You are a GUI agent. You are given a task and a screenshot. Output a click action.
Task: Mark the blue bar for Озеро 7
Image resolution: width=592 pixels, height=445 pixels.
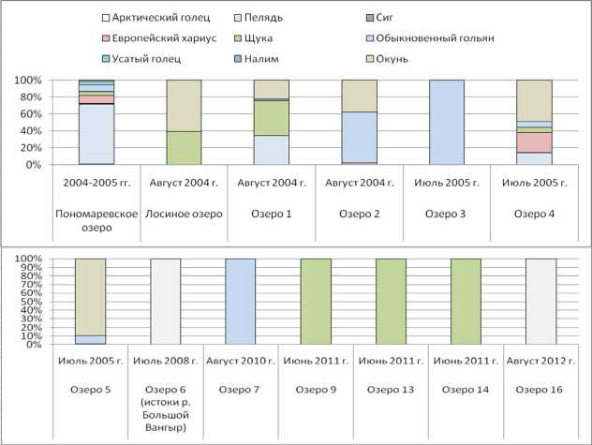pos(241,302)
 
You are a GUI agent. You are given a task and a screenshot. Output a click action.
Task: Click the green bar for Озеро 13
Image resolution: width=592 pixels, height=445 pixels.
pos(391,302)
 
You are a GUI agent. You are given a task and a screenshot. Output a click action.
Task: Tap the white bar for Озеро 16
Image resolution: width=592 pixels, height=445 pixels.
pos(540,302)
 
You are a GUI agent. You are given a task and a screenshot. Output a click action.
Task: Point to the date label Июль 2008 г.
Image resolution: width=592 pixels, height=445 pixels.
pos(166,360)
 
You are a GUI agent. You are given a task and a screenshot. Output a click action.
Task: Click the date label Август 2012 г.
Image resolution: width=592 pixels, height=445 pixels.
pos(540,360)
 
